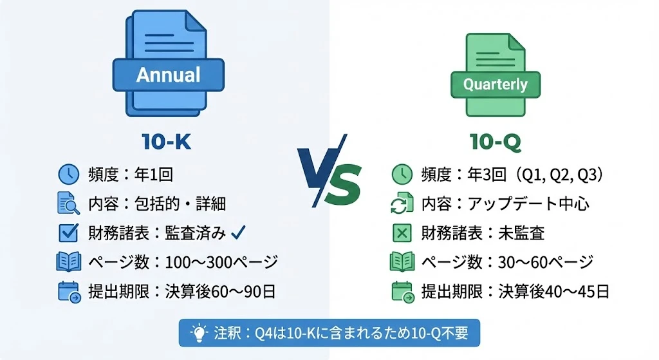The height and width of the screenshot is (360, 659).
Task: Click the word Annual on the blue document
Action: [168, 75]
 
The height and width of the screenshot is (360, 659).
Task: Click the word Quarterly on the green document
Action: [495, 84]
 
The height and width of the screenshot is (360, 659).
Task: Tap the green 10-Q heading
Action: [496, 142]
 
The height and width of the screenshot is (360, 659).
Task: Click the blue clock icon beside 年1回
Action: [68, 174]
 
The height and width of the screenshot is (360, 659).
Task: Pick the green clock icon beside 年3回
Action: [402, 174]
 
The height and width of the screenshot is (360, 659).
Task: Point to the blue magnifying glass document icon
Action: [68, 203]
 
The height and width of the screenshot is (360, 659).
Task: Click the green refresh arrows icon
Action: [402, 204]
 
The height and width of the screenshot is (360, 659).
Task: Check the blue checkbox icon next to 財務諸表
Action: [68, 232]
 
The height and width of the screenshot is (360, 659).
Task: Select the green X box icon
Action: [402, 232]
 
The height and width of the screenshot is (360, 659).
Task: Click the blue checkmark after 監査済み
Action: [238, 232]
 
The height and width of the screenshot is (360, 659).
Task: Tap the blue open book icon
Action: [68, 261]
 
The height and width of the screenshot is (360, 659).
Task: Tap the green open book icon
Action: [402, 261]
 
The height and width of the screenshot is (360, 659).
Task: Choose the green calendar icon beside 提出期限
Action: [403, 292]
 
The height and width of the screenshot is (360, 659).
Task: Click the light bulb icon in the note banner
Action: [200, 333]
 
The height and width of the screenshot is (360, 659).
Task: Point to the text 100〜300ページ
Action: [221, 262]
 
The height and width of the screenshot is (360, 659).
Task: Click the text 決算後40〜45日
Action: [554, 292]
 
